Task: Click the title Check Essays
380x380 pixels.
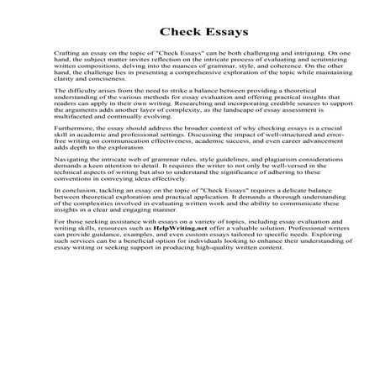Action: pyautogui.click(x=190, y=34)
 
